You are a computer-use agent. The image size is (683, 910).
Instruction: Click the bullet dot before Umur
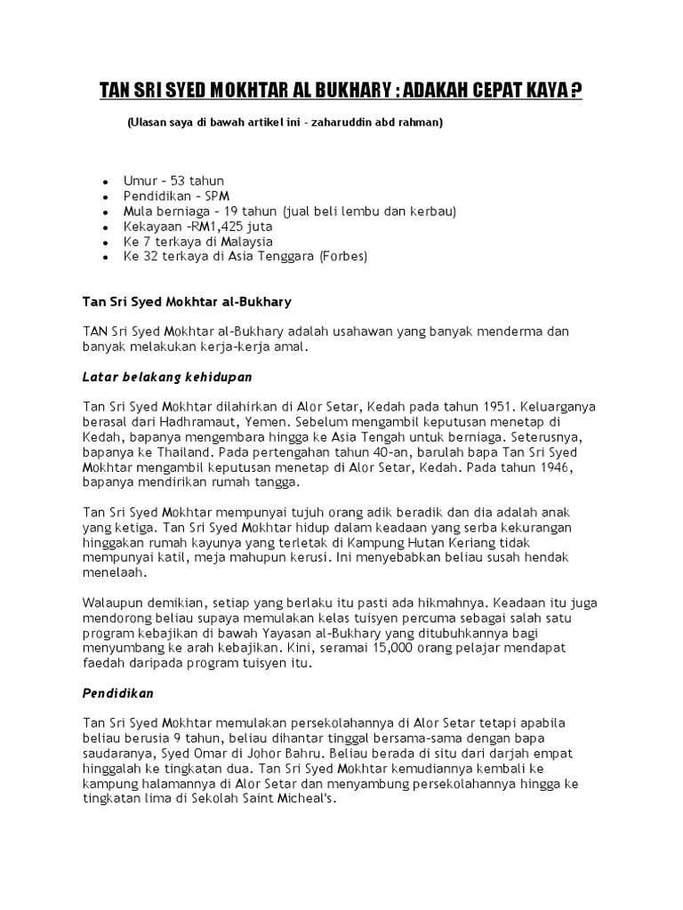pyautogui.click(x=105, y=181)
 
